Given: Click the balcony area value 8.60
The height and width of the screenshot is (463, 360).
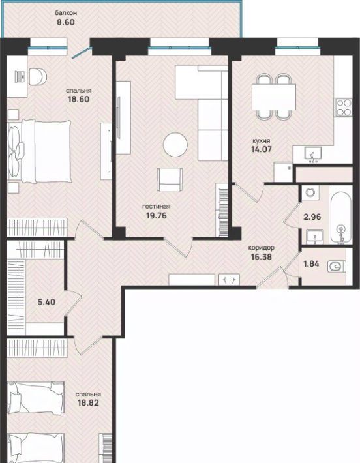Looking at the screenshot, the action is tap(66, 22).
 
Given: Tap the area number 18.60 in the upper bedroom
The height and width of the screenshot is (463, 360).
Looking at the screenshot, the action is tap(78, 99).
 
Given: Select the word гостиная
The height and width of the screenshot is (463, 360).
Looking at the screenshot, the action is tap(157, 207).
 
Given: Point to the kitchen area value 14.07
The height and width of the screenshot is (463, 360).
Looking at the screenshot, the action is tap(261, 149).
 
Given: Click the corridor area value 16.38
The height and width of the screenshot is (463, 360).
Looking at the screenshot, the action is tap(261, 257).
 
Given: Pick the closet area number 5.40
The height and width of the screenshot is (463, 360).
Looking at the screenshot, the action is tap(47, 302).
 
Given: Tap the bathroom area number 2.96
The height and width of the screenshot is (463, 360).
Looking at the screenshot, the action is tap(312, 217).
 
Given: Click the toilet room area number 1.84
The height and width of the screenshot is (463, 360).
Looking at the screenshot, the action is tap(311, 263).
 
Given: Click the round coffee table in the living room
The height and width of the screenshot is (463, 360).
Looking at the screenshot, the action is tap(175, 144).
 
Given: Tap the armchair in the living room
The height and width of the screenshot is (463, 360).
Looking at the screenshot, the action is tap(170, 180).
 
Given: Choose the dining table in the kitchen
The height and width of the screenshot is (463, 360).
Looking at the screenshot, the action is tap(274, 97).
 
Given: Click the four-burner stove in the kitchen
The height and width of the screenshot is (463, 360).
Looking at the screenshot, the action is tap(344, 108).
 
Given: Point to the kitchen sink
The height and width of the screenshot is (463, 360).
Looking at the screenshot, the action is tap(313, 155).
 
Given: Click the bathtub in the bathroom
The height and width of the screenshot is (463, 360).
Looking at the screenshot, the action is tap(341, 218).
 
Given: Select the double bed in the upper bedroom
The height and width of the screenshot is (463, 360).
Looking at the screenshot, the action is tap(40, 151).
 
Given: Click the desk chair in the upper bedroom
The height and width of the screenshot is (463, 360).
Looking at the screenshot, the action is tap(38, 76).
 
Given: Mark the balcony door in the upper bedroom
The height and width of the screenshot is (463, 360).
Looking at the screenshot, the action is tap(82, 52).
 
